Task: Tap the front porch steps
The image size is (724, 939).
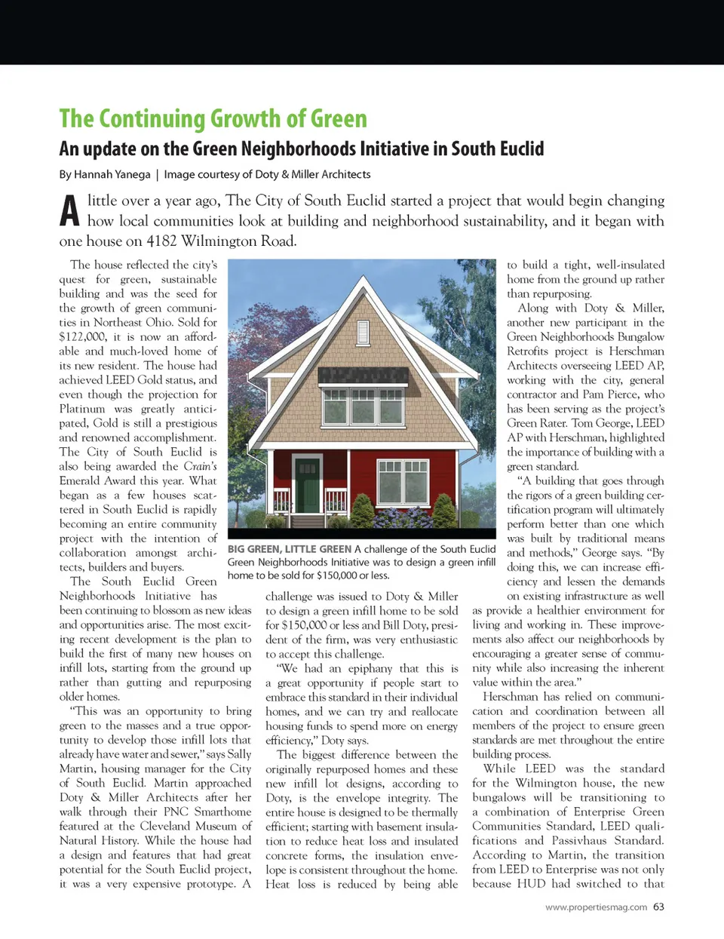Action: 307,520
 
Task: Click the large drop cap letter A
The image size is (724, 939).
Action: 69,212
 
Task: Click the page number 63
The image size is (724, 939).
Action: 658,907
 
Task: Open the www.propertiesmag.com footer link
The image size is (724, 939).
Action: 596,907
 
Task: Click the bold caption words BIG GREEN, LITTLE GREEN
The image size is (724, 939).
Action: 290,549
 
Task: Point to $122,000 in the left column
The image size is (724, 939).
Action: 82,336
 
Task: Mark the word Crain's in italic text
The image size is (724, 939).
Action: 200,466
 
